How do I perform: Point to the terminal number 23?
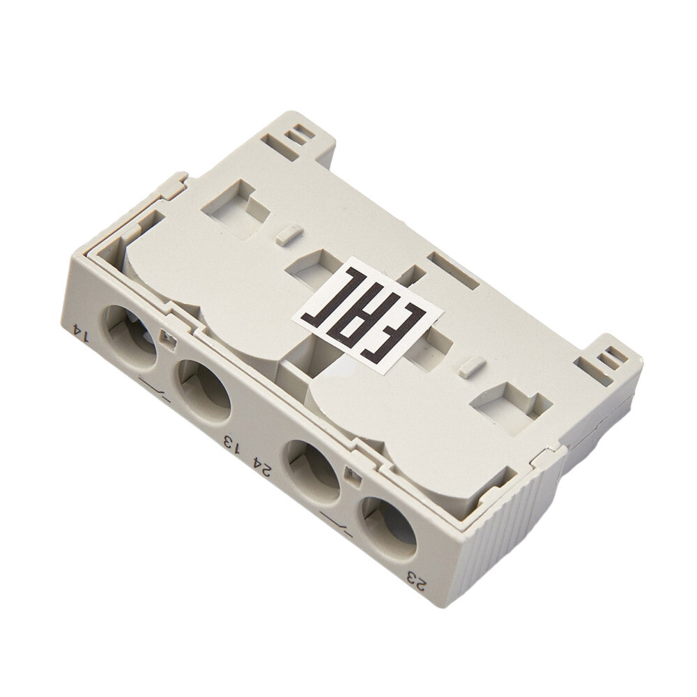pos(417,580)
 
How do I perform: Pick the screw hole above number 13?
pos(204,390)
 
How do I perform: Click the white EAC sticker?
pos(367,314)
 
